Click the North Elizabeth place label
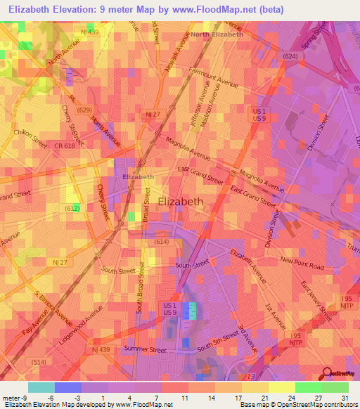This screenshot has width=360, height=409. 217,34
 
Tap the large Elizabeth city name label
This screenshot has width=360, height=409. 181,202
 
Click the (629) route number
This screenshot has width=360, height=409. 85,110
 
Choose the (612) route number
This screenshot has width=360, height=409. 72,208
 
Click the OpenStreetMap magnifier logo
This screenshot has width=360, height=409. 327,373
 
